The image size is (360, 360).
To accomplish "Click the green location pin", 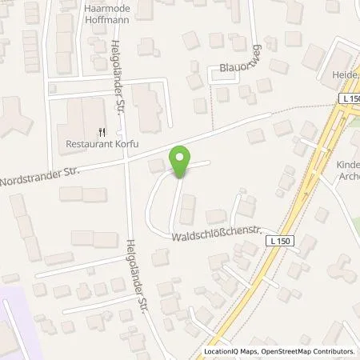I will coord(181,159).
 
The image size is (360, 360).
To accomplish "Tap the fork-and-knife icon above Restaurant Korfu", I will coord(102,134).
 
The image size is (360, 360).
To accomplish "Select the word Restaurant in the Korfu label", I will coord(87,146).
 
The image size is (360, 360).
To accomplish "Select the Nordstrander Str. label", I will coord(41,174).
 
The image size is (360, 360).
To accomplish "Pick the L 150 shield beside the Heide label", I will coord(350,98).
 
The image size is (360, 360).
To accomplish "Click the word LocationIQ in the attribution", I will coord(224,351).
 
